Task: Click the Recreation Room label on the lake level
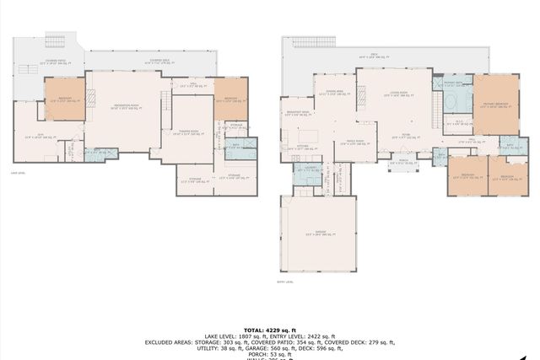tap(125, 106)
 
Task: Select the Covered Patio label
tap(57, 62)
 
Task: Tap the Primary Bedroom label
tap(494, 105)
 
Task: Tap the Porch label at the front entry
tap(402, 162)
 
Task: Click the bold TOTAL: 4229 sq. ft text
tap(270, 330)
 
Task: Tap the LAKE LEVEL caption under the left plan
tap(19, 174)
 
